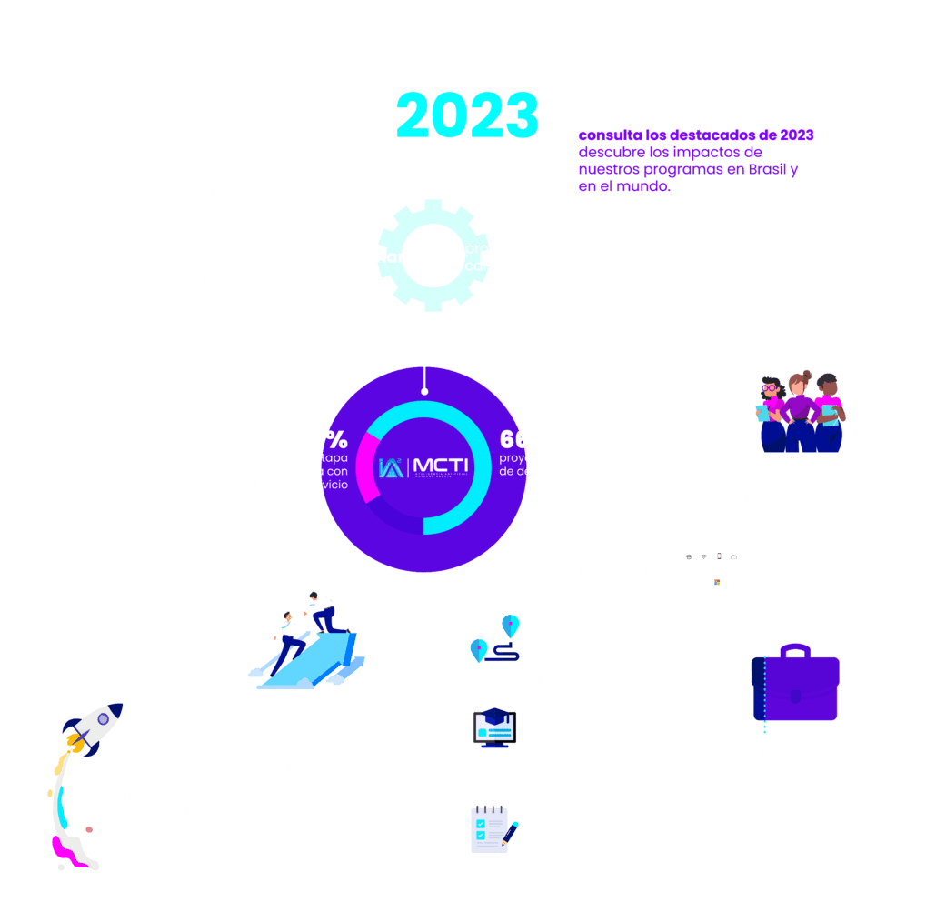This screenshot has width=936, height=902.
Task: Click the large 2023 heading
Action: point(467,115)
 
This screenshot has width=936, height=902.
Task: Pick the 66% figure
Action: point(526,438)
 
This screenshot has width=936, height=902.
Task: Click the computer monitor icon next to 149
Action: point(494,728)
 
